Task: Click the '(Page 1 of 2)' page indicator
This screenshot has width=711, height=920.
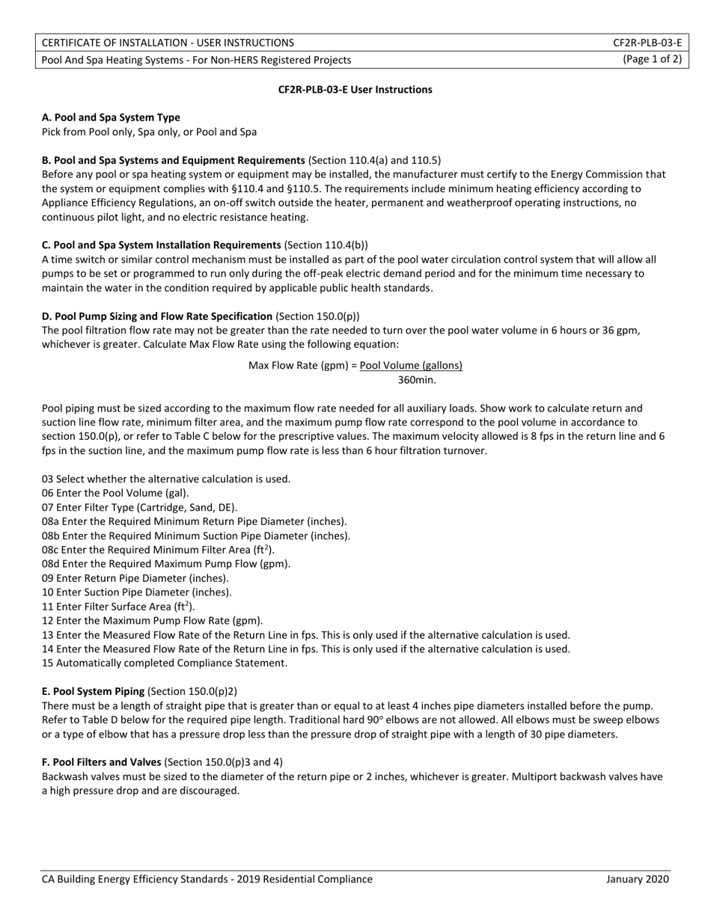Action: click(x=652, y=60)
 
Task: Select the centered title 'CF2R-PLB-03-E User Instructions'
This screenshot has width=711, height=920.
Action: click(x=355, y=90)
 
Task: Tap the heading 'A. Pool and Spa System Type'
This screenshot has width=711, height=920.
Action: click(x=111, y=117)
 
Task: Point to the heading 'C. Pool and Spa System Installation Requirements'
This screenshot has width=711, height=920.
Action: click(x=161, y=245)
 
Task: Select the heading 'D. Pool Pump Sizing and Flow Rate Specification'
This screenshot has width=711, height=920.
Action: click(x=157, y=316)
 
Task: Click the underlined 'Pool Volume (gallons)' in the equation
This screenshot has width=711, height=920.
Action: click(x=411, y=366)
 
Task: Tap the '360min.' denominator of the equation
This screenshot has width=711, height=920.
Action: click(x=417, y=380)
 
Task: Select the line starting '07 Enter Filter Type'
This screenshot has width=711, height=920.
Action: click(x=139, y=507)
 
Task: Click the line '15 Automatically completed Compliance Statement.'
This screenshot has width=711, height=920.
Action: click(x=164, y=663)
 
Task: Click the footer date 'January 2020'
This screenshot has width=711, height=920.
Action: click(x=638, y=880)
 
